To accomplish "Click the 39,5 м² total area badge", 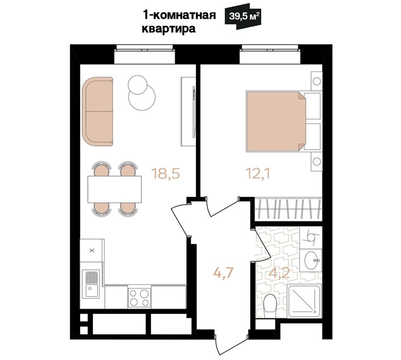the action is coord(243,17).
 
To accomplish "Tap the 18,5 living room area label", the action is coord(166,173).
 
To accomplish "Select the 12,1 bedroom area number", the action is coord(258,174).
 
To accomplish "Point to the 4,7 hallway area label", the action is coord(223,273).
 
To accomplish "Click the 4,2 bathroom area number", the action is coord(279,273).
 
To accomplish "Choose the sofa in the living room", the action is coord(98,112).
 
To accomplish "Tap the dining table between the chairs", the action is coord(114,189).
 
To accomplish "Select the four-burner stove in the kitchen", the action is coord(139,297).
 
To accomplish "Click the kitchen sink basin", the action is coord(91,284).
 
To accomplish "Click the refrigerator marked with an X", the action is coord(92,250).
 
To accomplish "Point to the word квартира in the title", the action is coord(169,28).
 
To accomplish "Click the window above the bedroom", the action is coord(270,54).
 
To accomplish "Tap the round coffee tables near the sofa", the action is coord(141,93).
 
